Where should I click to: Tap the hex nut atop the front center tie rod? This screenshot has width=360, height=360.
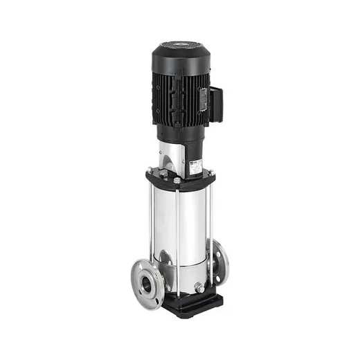click(x=177, y=181)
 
